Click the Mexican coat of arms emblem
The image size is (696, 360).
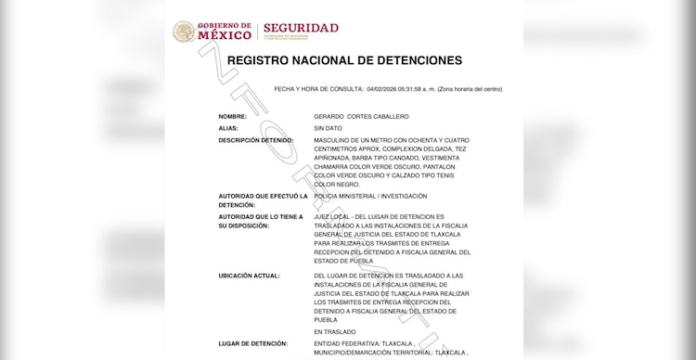(185, 32)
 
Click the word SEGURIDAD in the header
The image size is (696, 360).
(301, 28)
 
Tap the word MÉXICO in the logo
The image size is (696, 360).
(226, 36)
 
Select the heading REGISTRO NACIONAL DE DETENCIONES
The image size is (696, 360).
(344, 61)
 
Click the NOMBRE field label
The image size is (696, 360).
(233, 116)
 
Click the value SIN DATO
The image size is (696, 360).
(329, 128)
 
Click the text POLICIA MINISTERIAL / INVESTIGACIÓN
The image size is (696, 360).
(370, 196)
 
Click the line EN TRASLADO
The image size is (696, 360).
(334, 331)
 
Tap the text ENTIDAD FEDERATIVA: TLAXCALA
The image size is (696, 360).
(363, 343)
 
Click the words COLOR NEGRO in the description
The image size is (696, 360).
(338, 184)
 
